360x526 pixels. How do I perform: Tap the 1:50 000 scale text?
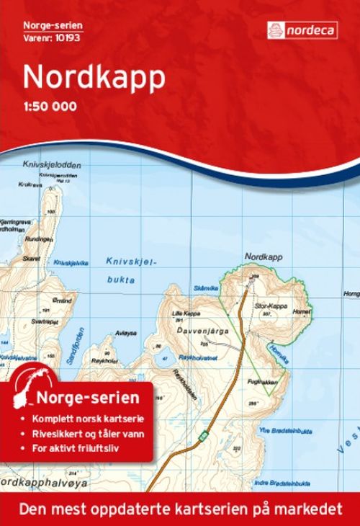(49, 108)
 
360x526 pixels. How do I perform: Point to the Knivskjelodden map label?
(52, 164)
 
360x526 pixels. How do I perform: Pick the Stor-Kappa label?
(272, 306)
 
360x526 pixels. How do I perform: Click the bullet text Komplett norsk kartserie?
(82, 419)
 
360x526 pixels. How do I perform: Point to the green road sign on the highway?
(203, 434)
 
